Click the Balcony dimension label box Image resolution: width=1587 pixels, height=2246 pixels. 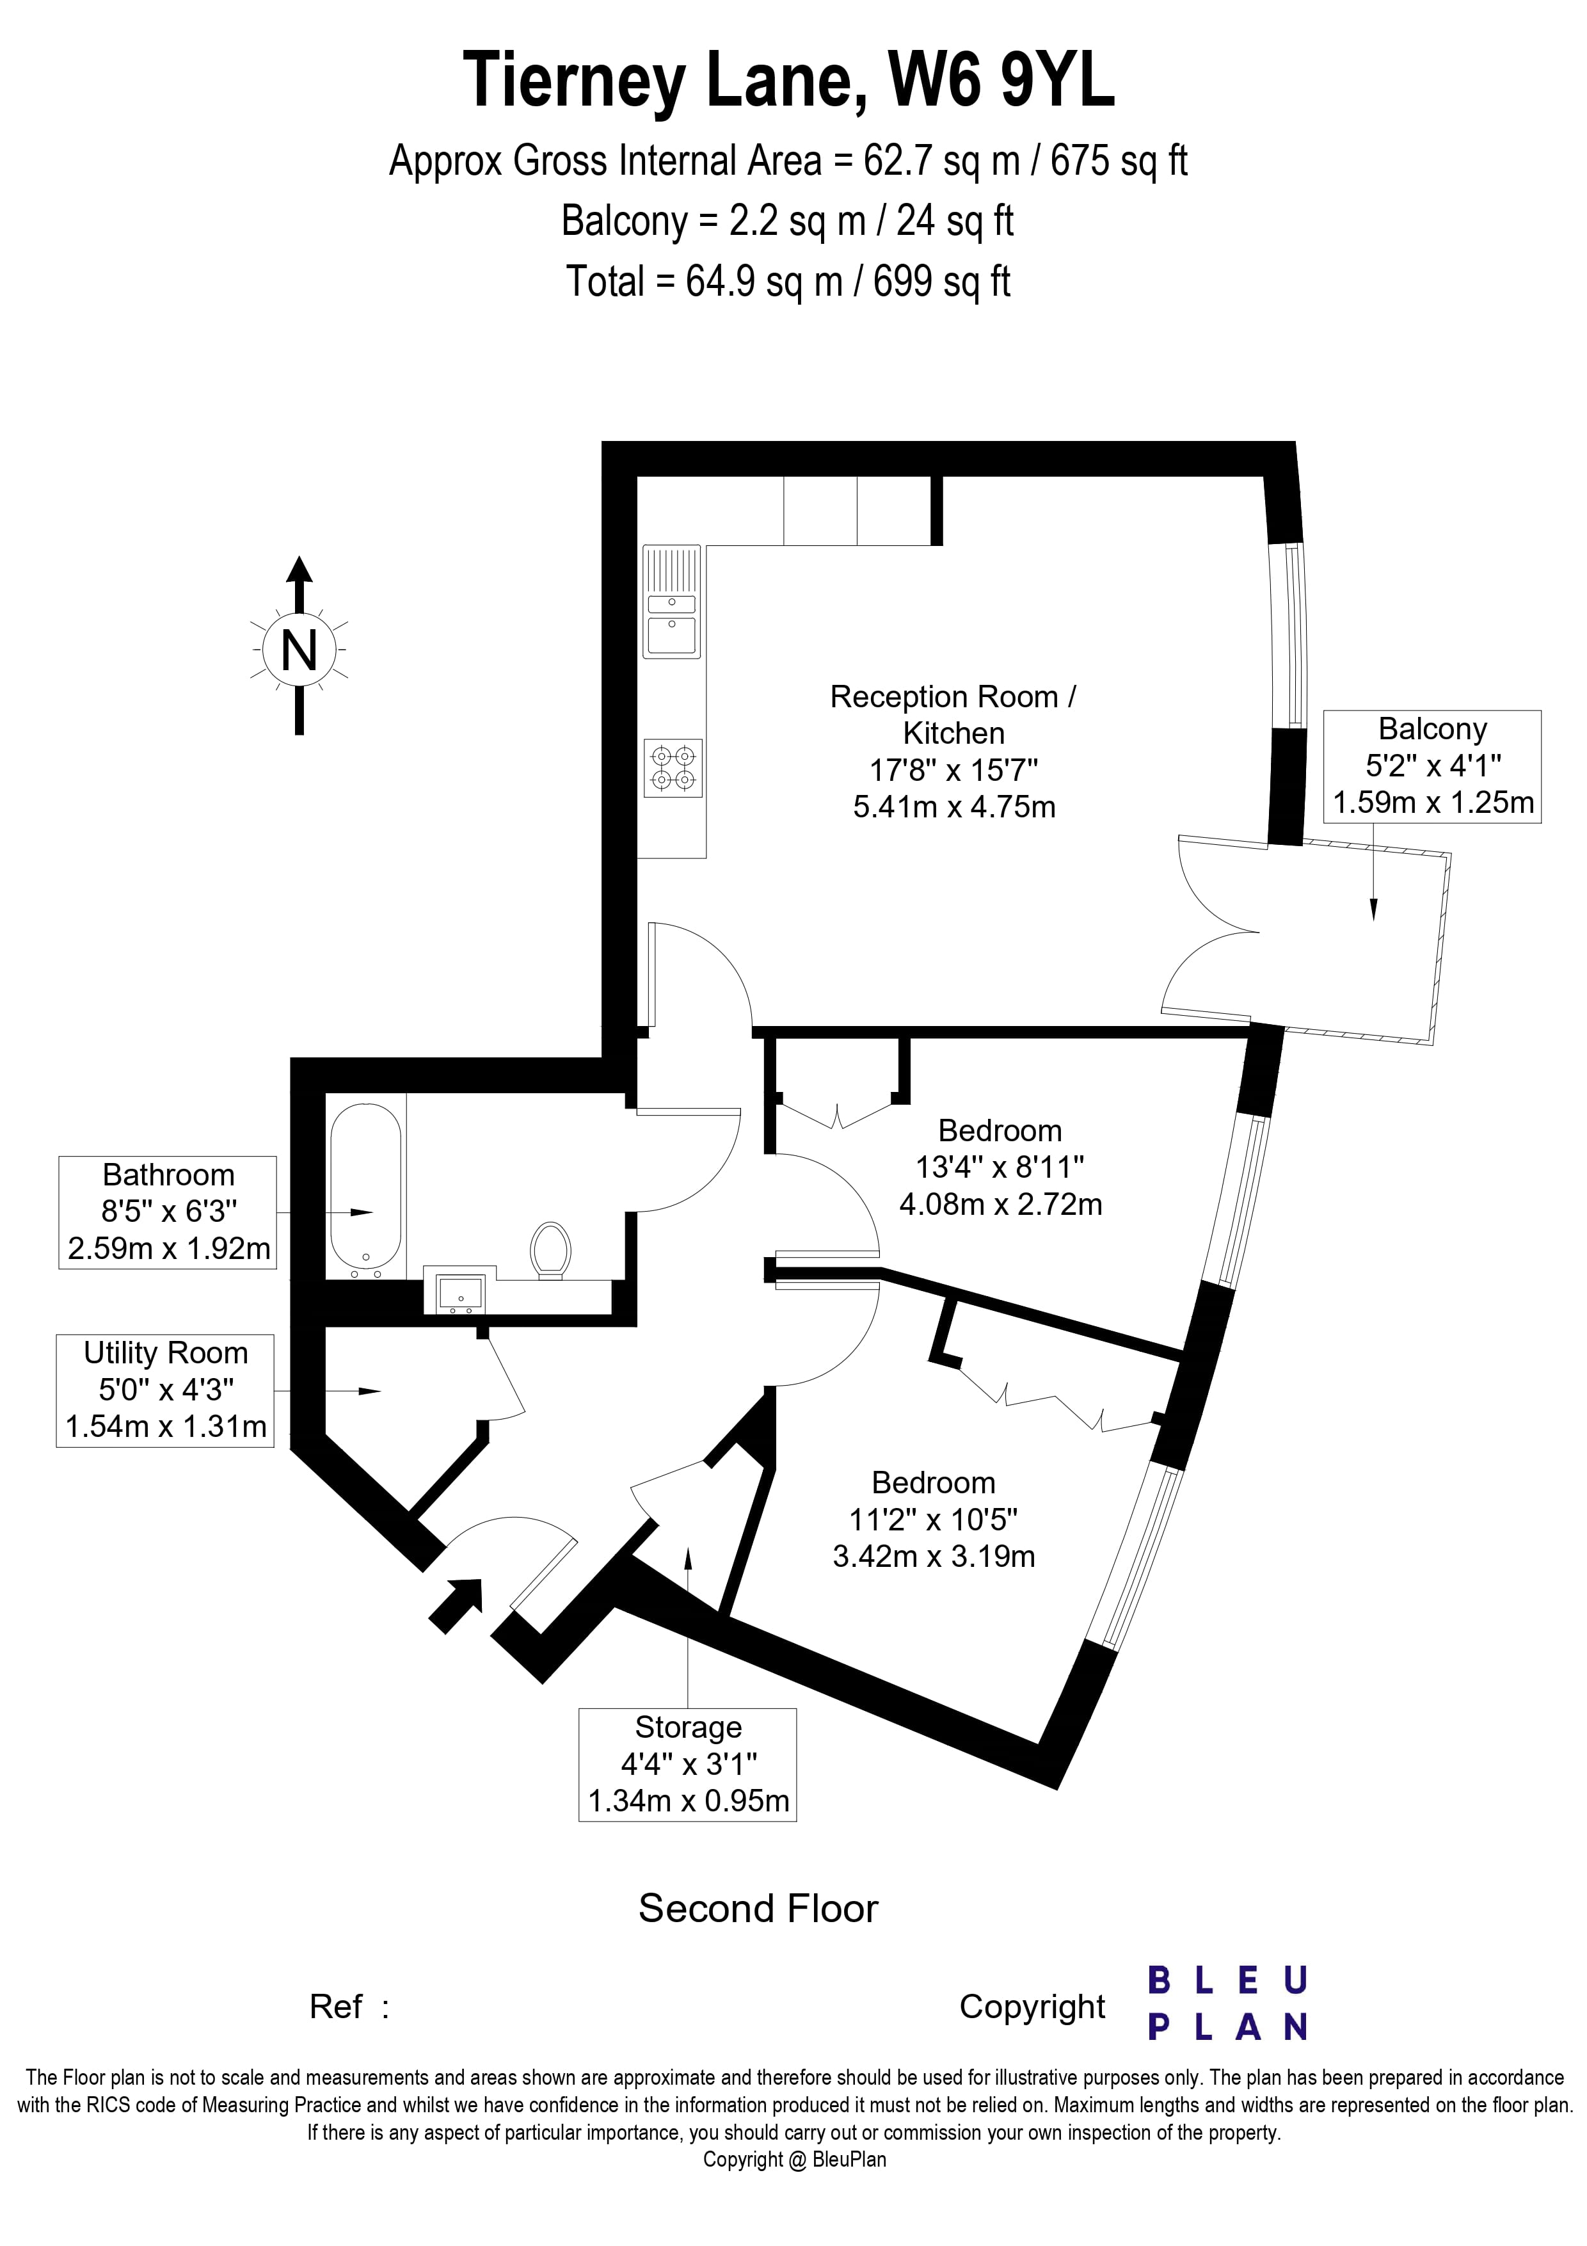pos(1433,766)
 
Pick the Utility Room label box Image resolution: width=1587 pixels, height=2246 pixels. pos(165,1390)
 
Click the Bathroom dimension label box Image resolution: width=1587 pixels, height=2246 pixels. pos(168,1212)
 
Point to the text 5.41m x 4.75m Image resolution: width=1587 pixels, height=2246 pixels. pos(953,807)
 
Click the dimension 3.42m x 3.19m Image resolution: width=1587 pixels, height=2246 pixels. pos(934,1557)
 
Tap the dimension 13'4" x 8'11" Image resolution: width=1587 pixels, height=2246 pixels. pos(1000,1167)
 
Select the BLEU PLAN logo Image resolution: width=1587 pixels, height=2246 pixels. pos(1227,2003)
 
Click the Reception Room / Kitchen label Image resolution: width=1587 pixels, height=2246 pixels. pos(953,714)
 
